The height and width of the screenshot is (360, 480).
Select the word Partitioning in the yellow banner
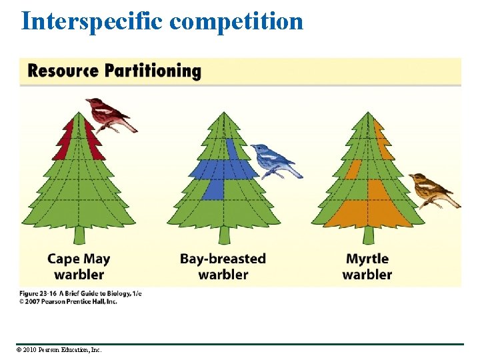coord(157,71)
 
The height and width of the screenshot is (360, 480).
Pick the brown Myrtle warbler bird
coord(430,189)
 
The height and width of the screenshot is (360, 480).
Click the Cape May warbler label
coord(79,266)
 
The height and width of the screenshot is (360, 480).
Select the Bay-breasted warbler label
coord(223,266)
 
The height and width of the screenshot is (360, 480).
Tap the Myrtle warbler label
coord(367,266)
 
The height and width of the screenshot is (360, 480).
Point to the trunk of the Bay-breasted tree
coord(224,235)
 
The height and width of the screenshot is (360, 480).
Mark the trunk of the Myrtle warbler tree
coord(368,235)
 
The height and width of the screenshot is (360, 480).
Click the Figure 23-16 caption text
coord(81,293)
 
